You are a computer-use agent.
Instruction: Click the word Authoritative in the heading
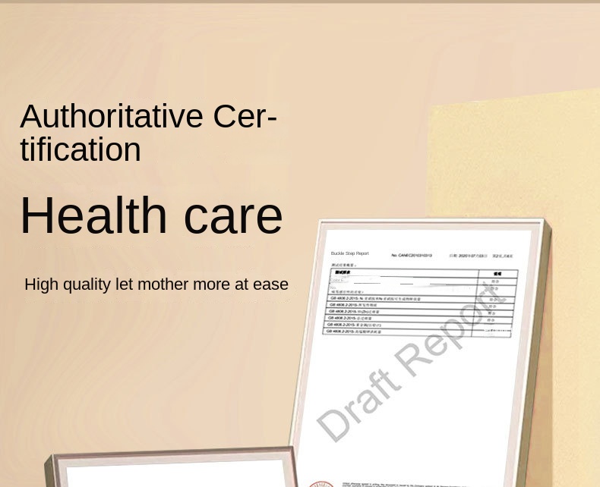click(112, 116)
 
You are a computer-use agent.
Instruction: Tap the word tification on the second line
click(81, 149)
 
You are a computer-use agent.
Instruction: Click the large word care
click(233, 215)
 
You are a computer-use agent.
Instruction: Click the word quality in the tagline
click(87, 284)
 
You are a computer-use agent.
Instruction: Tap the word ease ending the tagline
click(270, 284)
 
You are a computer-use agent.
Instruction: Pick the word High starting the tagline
click(41, 284)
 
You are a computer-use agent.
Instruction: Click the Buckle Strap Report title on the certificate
click(349, 253)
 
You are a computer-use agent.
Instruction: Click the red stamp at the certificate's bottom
click(321, 483)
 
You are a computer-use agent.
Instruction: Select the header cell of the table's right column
click(497, 273)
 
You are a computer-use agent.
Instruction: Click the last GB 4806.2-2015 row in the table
click(355, 331)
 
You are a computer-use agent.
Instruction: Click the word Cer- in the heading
click(245, 116)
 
